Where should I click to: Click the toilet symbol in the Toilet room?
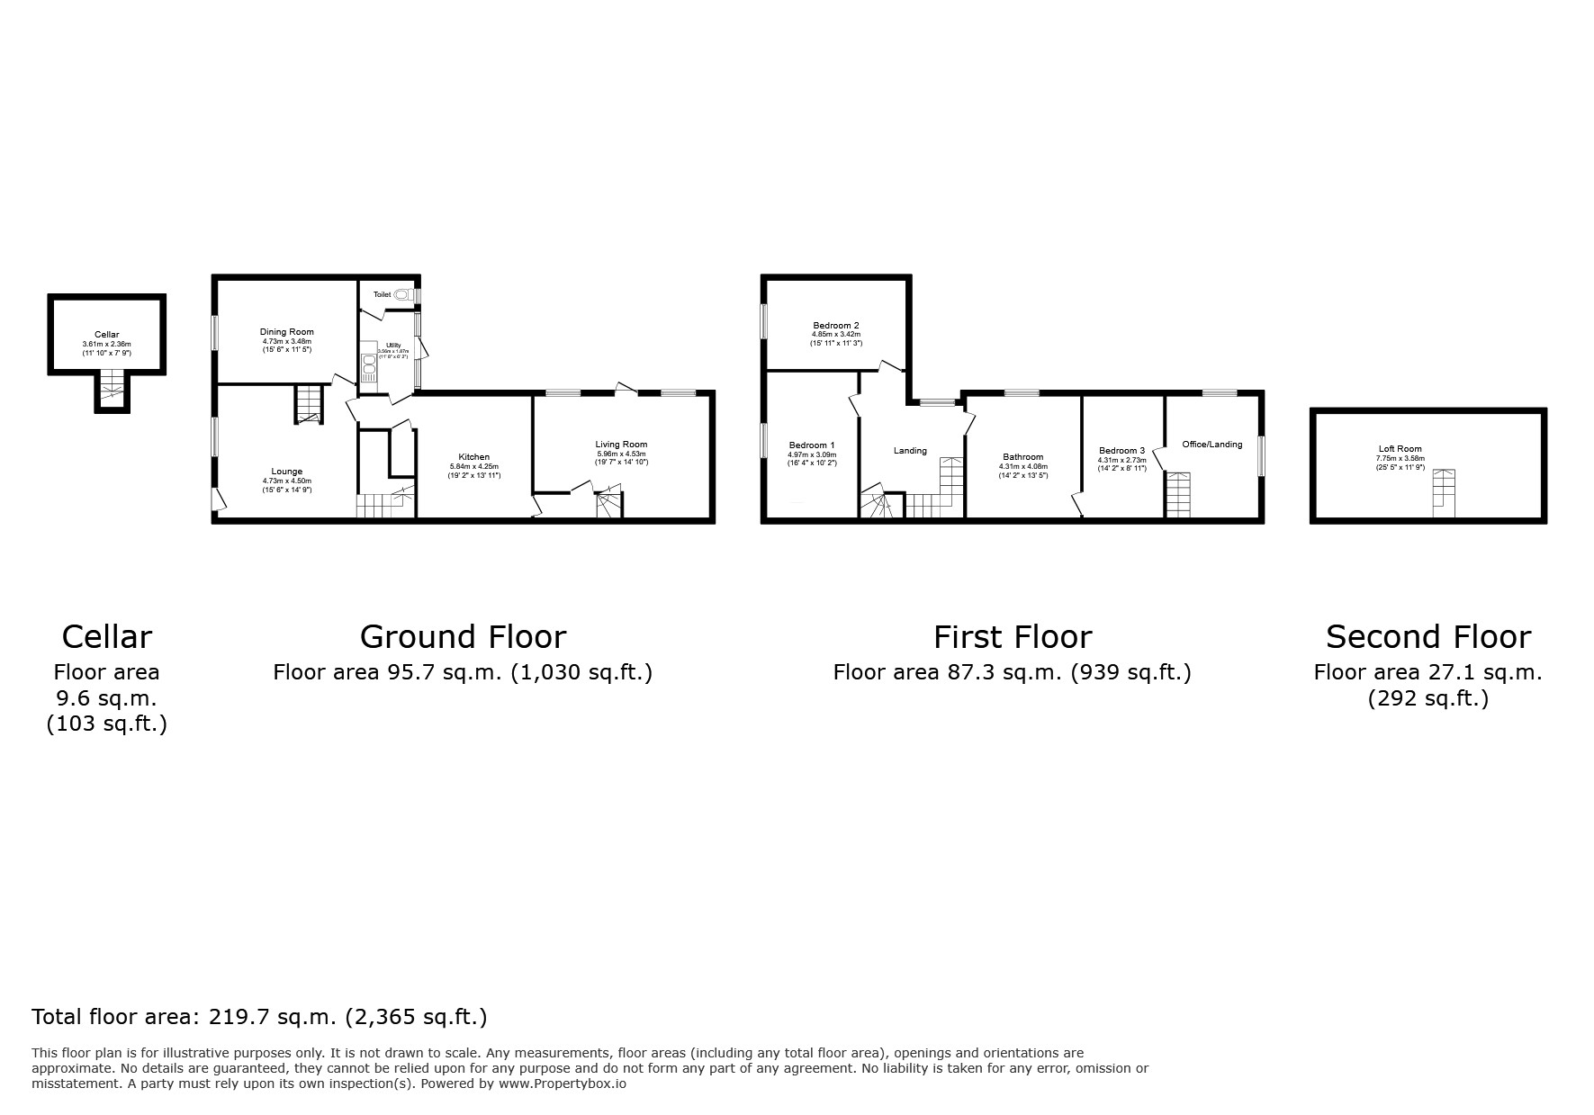[402, 294]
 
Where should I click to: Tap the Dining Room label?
[287, 332]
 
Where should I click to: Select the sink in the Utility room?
[368, 364]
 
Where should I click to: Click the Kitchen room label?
[474, 457]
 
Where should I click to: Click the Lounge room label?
[287, 472]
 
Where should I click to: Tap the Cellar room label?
[106, 335]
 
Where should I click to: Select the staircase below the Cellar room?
[112, 388]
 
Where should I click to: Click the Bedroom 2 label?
[836, 326]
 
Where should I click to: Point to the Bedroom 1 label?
[812, 445]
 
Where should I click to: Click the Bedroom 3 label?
[1121, 451]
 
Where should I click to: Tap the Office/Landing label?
[1211, 445]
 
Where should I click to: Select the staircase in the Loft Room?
[1444, 492]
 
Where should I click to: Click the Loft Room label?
[1400, 449]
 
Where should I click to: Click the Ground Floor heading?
[463, 637]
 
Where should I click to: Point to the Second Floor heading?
[1427, 637]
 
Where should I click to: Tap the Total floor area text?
[259, 1017]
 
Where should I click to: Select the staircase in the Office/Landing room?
[1177, 494]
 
